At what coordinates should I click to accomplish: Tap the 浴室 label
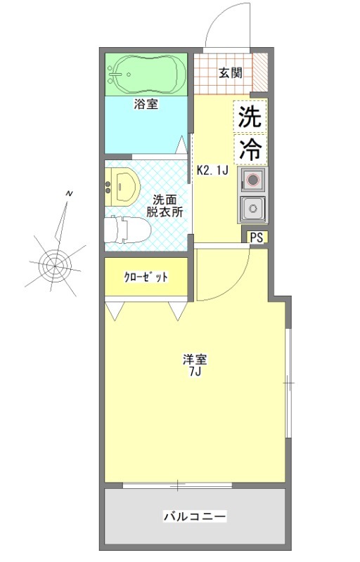[146, 105]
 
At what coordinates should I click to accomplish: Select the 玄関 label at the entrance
[229, 72]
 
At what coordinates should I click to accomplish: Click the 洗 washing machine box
[250, 117]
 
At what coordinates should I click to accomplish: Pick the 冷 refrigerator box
[250, 148]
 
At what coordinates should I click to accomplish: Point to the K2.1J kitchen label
[212, 169]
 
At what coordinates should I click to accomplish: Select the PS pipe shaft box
[257, 237]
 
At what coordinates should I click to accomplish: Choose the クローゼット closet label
[146, 277]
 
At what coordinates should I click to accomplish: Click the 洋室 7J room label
[195, 365]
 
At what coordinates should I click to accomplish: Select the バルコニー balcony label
[195, 517]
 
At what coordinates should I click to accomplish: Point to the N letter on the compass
[68, 193]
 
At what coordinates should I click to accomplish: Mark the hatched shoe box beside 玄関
[259, 72]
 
